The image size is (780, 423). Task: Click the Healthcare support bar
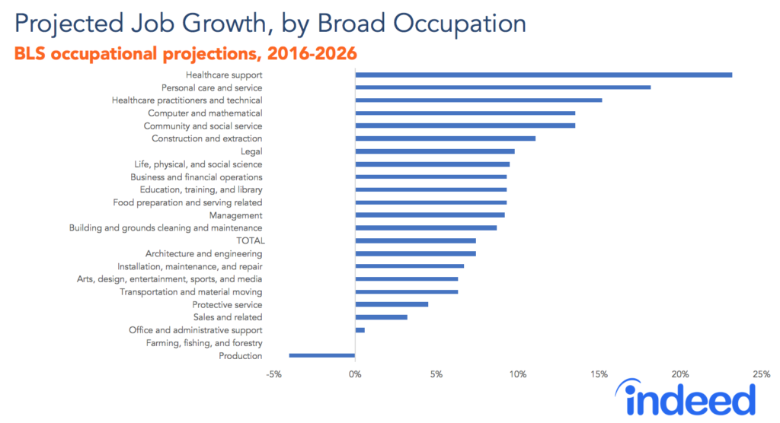point(543,75)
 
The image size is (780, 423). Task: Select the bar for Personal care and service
point(503,87)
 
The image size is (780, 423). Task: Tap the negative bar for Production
point(322,355)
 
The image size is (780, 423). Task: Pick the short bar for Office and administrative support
point(360,330)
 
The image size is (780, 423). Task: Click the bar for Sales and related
point(381,317)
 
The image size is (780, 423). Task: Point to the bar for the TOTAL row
point(415,240)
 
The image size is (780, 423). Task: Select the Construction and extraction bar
point(445,138)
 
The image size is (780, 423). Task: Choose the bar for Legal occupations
point(434,151)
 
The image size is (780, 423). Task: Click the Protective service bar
point(392,304)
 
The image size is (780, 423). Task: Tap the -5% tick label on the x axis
point(274,374)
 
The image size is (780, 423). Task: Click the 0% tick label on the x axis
point(355,374)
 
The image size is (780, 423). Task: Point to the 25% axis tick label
point(761,374)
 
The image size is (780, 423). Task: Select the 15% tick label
point(599,374)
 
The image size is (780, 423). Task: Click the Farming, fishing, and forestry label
point(203,343)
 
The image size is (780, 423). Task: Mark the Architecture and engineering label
point(203,253)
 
